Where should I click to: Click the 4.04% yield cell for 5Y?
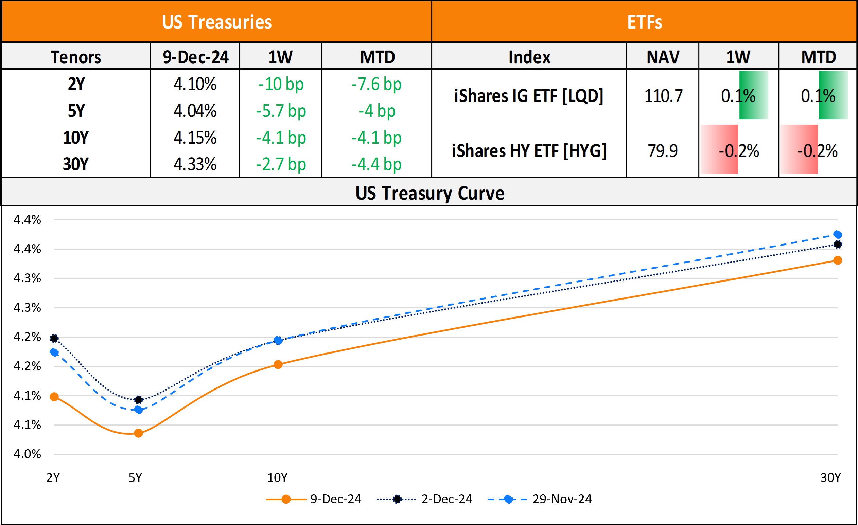pyautogui.click(x=195, y=111)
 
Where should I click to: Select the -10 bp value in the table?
pyautogui.click(x=281, y=84)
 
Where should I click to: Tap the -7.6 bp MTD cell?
pyautogui.click(x=377, y=84)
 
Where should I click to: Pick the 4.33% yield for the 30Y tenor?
pyautogui.click(x=195, y=164)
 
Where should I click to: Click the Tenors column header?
pyautogui.click(x=76, y=57)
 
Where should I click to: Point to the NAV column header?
pyautogui.click(x=663, y=57)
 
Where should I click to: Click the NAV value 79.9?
pyautogui.click(x=663, y=151)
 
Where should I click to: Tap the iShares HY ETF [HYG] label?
pyautogui.click(x=529, y=151)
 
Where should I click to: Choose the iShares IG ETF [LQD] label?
pyautogui.click(x=529, y=96)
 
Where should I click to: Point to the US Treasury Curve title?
pyautogui.click(x=430, y=193)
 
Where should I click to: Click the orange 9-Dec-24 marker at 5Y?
pyautogui.click(x=138, y=433)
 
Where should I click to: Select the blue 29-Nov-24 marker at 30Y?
pyautogui.click(x=838, y=235)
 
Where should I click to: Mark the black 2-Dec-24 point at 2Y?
pyautogui.click(x=54, y=338)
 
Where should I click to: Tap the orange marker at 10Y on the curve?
pyautogui.click(x=278, y=365)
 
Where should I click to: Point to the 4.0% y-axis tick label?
pyautogui.click(x=27, y=454)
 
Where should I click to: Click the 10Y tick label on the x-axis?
pyautogui.click(x=277, y=478)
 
